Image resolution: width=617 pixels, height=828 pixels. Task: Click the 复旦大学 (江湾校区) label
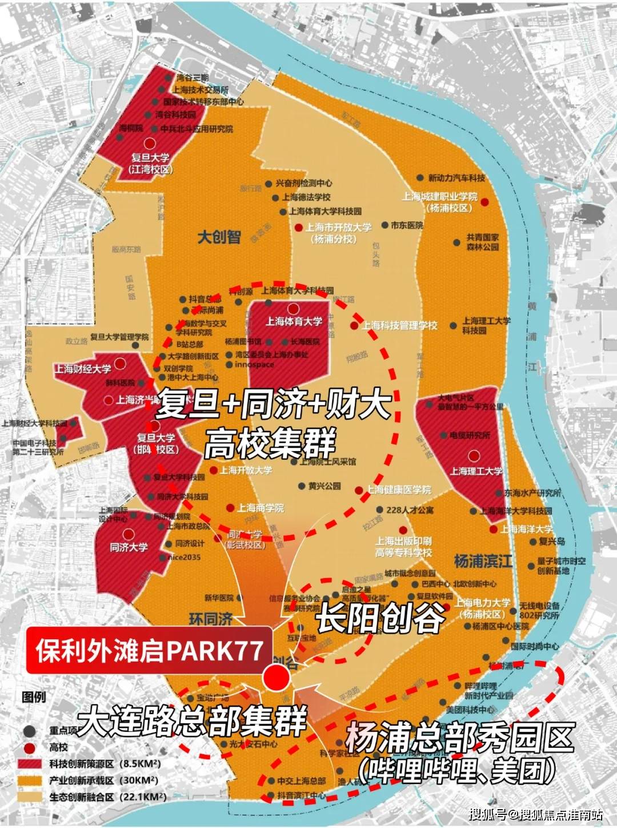(151, 163)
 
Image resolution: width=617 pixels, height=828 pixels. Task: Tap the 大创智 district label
(219, 237)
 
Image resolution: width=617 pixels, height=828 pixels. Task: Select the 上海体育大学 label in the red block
(294, 321)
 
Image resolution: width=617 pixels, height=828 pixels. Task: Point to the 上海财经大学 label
(83, 369)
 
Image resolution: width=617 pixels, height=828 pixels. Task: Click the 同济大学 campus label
(129, 547)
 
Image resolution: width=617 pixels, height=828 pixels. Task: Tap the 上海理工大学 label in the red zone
(476, 471)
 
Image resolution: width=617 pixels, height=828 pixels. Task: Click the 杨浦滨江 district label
(483, 561)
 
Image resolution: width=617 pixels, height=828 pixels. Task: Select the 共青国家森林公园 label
(483, 242)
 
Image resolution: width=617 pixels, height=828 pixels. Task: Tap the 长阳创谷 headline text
(380, 618)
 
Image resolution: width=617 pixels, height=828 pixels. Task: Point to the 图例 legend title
(34, 697)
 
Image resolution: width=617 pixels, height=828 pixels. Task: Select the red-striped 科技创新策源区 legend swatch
(31, 764)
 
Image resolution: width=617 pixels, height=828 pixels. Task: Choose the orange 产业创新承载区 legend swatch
(31, 780)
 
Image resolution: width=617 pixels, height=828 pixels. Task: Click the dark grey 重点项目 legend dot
(30, 731)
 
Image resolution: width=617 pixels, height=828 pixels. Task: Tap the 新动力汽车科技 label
(456, 178)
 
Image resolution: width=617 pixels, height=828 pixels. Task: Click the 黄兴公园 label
(324, 486)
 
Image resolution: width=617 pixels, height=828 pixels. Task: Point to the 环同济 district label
(211, 619)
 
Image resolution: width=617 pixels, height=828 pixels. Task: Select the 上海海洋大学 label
(527, 529)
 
